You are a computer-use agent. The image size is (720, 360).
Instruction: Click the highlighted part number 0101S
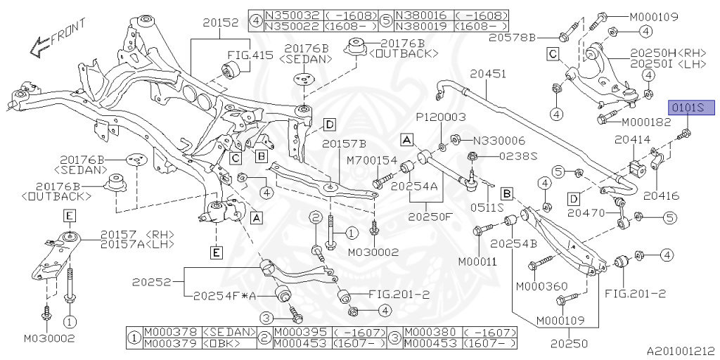click(690, 108)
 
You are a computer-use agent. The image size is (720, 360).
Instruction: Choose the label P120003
click(441, 117)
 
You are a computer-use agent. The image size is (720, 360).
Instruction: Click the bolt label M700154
click(372, 161)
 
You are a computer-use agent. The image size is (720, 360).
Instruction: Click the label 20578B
click(532, 36)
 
